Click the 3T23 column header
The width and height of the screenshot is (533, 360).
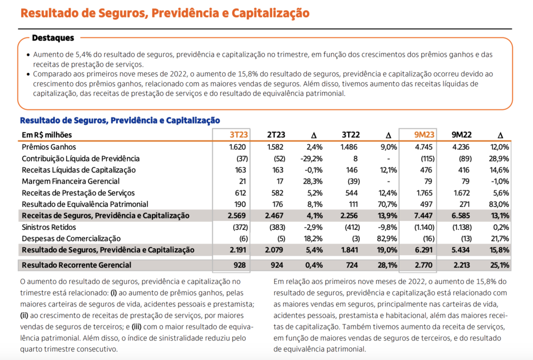coord(238,135)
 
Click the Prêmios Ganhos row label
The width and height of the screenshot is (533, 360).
coord(49,147)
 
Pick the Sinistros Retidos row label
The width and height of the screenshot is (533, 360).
coord(49,227)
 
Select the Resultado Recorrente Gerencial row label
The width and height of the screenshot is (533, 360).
coord(76,265)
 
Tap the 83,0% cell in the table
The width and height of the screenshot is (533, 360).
coord(500,204)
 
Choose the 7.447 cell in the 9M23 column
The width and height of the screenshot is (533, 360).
coord(424,216)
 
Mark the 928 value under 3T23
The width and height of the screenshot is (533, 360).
coord(240,265)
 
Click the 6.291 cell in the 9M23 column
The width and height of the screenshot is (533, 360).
coord(424,250)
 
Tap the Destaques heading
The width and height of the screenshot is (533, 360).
coord(53,38)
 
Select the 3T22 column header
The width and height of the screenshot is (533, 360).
coord(350,135)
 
